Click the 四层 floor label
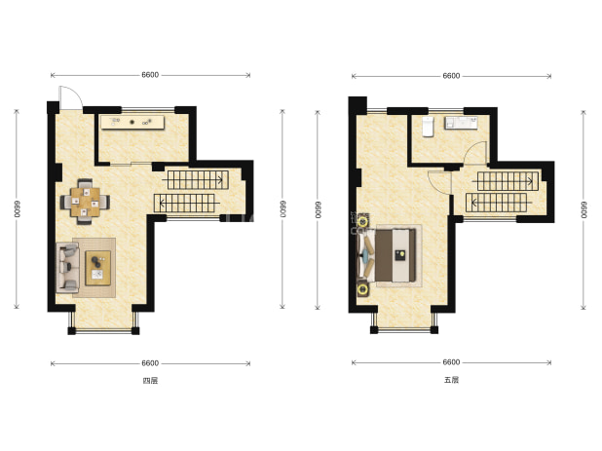pyautogui.click(x=150, y=381)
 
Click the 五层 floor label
pyautogui.click(x=451, y=380)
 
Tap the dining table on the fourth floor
pyautogui.click(x=85, y=202)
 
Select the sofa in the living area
pyautogui.click(x=67, y=268)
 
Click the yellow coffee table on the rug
pyautogui.click(x=98, y=268)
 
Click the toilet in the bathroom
pyautogui.click(x=428, y=127)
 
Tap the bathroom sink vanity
pyautogui.click(x=461, y=123)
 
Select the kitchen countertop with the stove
pyautogui.click(x=132, y=123)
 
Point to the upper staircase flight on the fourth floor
pyautogui.click(x=198, y=179)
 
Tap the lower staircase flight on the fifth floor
pyautogui.click(x=496, y=203)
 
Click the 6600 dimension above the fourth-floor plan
pyautogui.click(x=150, y=75)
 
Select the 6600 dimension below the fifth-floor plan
pyautogui.click(x=451, y=362)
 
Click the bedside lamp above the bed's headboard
pyautogui.click(x=361, y=221)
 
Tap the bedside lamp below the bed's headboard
pyautogui.click(x=362, y=290)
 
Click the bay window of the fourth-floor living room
pyautogui.click(x=103, y=321)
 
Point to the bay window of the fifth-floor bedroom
pyautogui.click(x=404, y=320)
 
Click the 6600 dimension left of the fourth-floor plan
pyautogui.click(x=17, y=208)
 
